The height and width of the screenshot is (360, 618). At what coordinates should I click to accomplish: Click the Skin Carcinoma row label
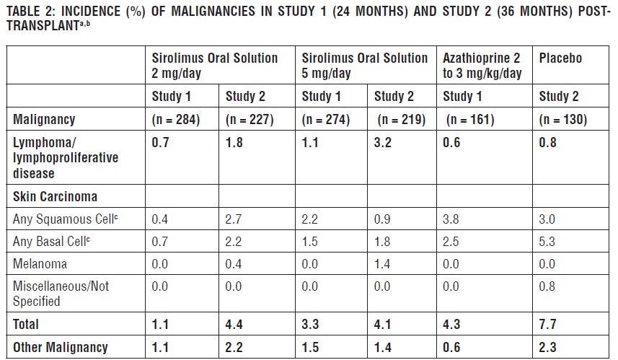click(55, 196)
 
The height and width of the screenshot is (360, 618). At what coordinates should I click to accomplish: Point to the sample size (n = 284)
click(176, 120)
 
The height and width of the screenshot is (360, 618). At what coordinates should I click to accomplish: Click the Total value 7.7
click(548, 325)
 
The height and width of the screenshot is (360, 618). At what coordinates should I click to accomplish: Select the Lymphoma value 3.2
click(382, 143)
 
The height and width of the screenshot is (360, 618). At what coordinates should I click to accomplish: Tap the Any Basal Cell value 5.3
click(548, 241)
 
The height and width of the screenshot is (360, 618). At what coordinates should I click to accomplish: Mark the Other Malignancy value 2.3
click(548, 347)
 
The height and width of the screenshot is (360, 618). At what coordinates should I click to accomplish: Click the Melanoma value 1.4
click(382, 264)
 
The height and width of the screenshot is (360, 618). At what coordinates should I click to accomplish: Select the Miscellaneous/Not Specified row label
click(61, 293)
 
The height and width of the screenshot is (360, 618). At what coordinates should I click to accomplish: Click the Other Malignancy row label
click(61, 347)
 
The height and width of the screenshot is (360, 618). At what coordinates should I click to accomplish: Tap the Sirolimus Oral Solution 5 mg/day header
click(364, 66)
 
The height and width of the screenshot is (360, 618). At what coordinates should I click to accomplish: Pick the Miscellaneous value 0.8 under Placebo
click(548, 286)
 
